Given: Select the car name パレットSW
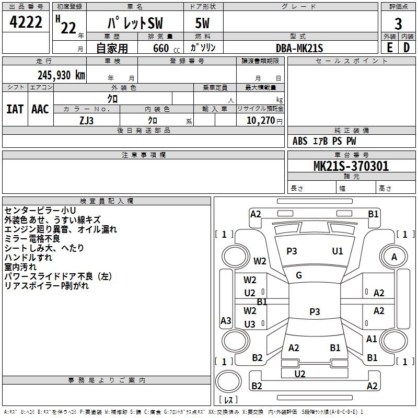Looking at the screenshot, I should point(135,24).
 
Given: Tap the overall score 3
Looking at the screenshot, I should point(398,24).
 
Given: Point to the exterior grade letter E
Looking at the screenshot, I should point(389,48).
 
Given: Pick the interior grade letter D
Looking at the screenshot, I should point(407,48).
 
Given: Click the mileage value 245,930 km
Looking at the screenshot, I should point(61,75).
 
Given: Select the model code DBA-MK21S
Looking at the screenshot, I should point(299,48).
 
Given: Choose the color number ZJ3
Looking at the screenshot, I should point(86,120).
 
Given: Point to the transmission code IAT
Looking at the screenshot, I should point(15,109).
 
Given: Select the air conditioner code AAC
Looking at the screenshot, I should point(40,109).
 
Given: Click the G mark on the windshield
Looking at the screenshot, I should point(299,275).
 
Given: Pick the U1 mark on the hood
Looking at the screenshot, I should point(338,251).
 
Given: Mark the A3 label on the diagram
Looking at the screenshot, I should point(226,321).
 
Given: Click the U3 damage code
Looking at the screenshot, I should point(250,324).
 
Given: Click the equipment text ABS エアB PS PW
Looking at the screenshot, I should point(324,141).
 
